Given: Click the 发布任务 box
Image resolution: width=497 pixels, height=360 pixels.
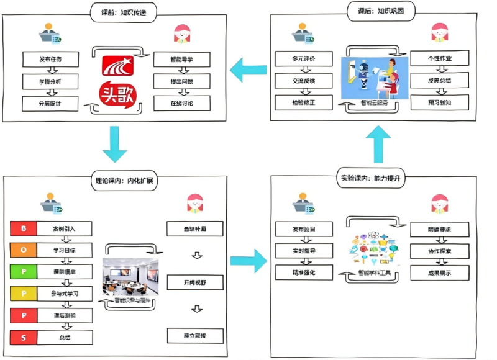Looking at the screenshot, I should (51, 60).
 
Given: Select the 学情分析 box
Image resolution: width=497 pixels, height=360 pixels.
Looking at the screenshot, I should (51, 81).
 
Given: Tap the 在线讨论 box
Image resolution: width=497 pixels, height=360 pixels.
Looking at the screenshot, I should (181, 103).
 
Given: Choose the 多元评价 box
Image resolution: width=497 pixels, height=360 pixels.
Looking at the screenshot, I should (304, 60).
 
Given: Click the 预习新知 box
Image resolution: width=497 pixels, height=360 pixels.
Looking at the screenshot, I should (439, 103).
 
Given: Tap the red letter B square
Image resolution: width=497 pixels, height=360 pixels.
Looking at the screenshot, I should (24, 228).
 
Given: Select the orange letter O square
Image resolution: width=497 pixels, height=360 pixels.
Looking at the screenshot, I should (24, 250).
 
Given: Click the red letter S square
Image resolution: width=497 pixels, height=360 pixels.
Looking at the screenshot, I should (24, 338).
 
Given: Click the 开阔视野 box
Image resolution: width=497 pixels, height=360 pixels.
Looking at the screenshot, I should (194, 283).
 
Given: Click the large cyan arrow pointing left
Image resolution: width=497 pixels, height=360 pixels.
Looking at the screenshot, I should (247, 70).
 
